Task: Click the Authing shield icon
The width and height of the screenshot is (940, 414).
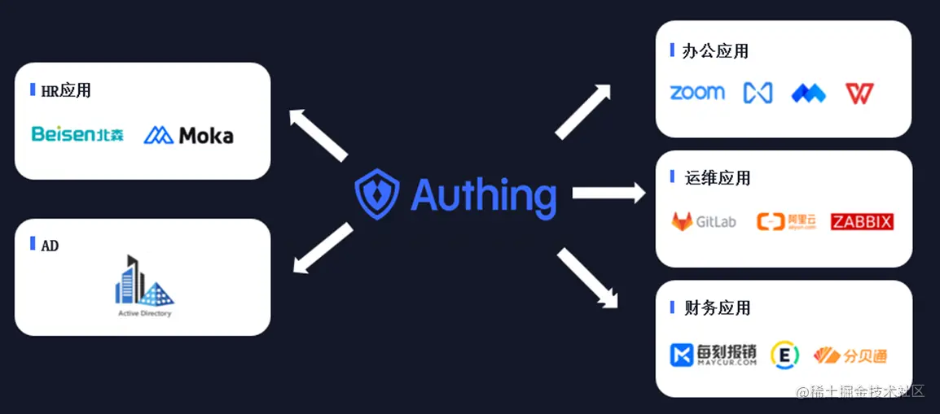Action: point(377,195)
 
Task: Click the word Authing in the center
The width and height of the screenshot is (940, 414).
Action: point(483,195)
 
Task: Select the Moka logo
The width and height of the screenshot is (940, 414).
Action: point(189,135)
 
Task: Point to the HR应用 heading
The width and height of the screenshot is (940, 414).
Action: point(66,90)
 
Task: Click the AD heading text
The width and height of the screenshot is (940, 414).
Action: point(50,245)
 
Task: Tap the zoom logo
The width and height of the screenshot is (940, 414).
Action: point(697,93)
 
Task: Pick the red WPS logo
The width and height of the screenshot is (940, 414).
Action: point(859,94)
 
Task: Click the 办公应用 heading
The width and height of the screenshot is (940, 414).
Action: point(714,51)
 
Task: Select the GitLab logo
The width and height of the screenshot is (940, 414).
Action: point(703,221)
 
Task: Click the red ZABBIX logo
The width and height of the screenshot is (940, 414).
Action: point(862,221)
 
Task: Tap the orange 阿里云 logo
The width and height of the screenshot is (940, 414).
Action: point(780,221)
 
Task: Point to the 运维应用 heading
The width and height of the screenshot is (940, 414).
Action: point(718,178)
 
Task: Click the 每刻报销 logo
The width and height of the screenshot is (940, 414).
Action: point(713,355)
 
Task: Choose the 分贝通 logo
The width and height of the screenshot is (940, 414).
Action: point(850,355)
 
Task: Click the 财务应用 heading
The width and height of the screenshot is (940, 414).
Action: point(718,308)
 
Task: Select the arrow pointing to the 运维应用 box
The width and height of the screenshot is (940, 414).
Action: point(608,194)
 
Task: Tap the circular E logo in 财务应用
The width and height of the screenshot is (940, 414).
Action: point(785,355)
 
